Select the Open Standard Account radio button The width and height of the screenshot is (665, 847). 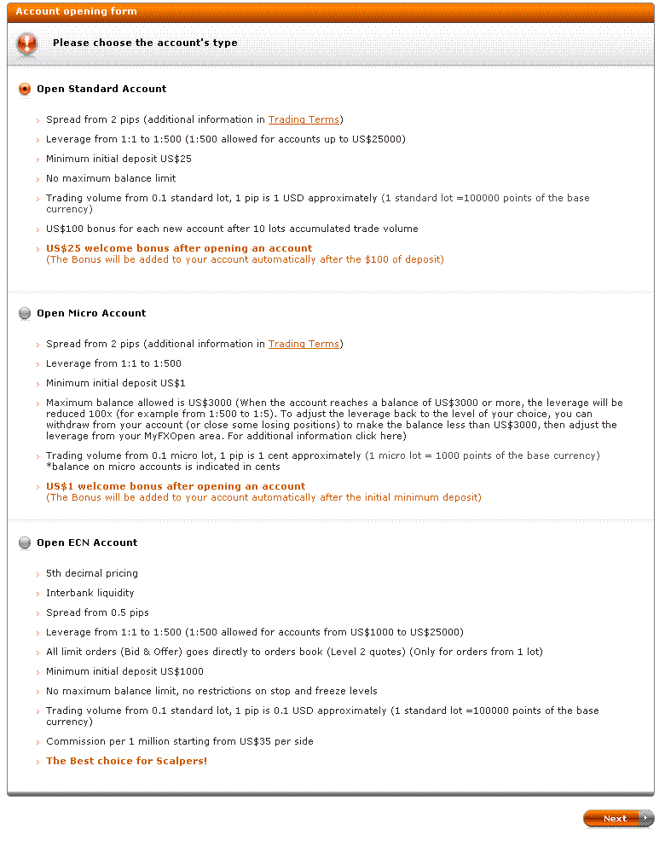coord(25,89)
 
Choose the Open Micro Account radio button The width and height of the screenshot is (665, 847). coord(25,313)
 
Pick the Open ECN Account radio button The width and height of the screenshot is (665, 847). coord(25,542)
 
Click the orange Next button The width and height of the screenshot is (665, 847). coord(617,818)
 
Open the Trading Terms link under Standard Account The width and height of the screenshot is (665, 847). coord(304,119)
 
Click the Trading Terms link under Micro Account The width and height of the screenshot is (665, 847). coord(304,344)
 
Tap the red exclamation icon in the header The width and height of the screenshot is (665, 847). coord(27,44)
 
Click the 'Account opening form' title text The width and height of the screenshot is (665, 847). coord(76,11)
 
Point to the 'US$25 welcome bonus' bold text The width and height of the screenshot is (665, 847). coord(179,248)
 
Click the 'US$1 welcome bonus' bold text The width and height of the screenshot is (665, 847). coord(176,486)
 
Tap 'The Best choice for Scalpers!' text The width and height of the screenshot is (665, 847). coord(126,761)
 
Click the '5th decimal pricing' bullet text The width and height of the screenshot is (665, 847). coord(92,573)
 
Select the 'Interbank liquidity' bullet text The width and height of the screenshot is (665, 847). coord(90,593)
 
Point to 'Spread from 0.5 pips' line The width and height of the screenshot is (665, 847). coord(97,612)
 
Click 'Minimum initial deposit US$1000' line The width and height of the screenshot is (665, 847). coord(124,671)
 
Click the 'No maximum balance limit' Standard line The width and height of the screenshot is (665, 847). coord(111,178)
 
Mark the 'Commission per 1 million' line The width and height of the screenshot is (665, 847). coord(179,741)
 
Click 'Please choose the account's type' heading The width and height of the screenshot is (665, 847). coord(145,43)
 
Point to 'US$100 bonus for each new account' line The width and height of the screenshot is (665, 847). coord(232,229)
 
